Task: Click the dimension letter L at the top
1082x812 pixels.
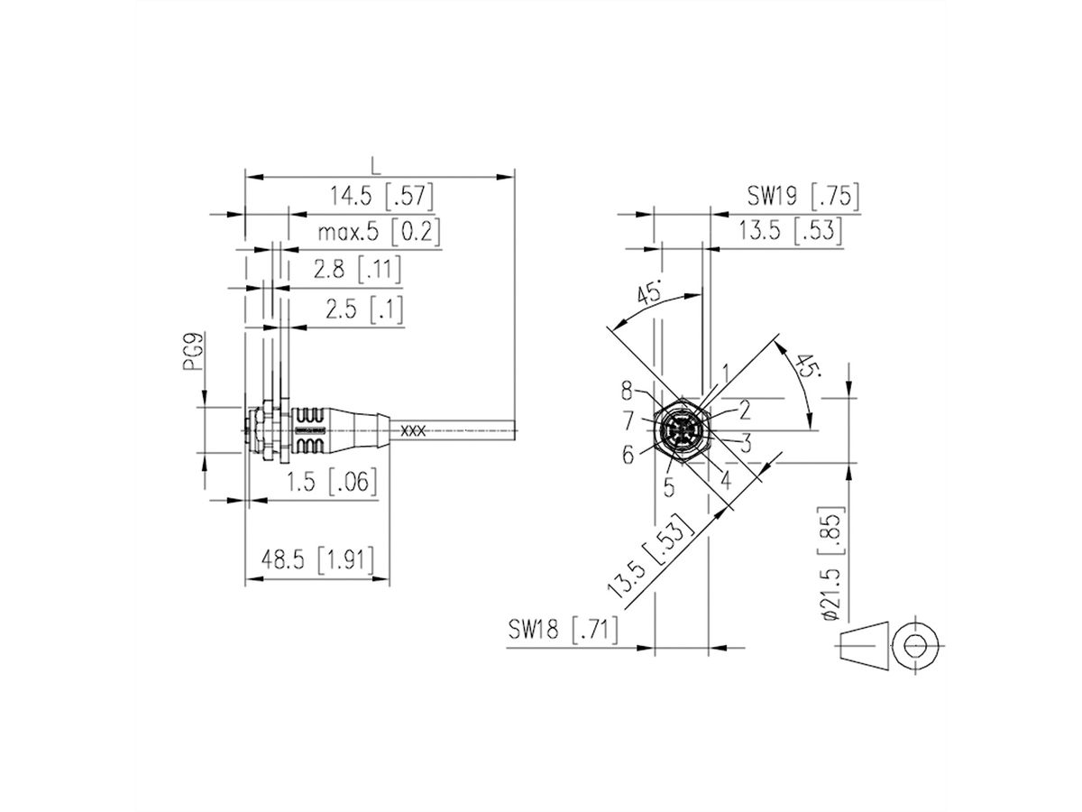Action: (x=377, y=164)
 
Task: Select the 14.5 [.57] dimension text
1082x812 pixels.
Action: (x=382, y=196)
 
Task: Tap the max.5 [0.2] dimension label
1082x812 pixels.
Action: (x=379, y=233)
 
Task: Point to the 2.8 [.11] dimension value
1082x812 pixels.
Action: (x=357, y=269)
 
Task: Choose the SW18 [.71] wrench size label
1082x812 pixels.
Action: (x=562, y=631)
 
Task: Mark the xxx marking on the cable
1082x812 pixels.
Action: (x=413, y=431)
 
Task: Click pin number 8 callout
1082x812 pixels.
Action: (x=627, y=391)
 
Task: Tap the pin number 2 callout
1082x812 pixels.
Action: (x=745, y=411)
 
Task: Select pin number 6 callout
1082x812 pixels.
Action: (x=628, y=455)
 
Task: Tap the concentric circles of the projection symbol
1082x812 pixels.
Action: (x=917, y=646)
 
